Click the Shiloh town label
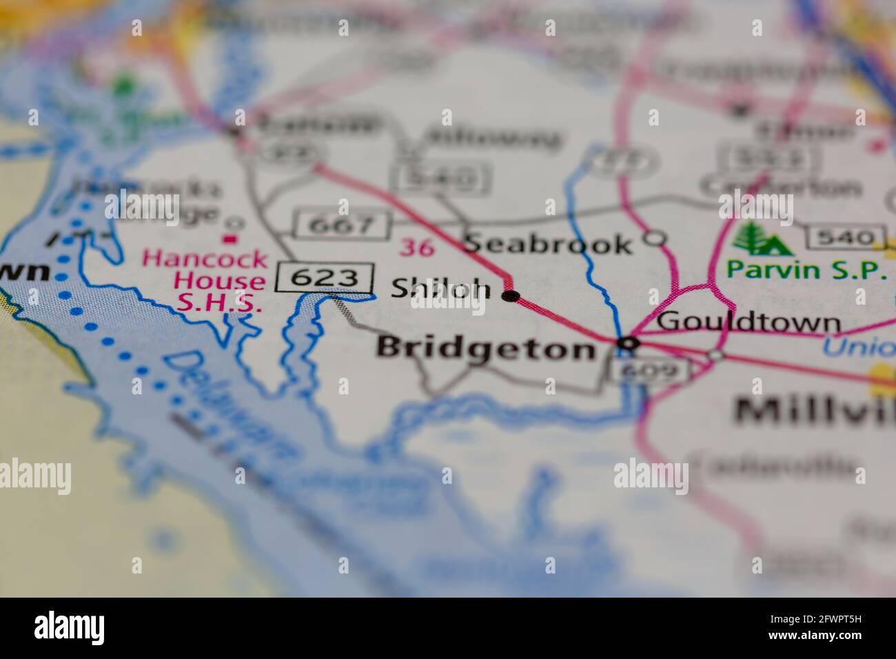coord(441,290)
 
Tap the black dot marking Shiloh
coord(511,296)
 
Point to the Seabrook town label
coord(548,244)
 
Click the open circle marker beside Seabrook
coord(655,239)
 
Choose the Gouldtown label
coord(749,323)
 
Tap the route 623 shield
coord(325,278)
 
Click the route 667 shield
coord(343,225)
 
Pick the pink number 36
coord(418,247)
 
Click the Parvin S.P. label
coord(807,270)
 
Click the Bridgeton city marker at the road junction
coord(629,343)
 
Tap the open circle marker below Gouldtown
coord(717,354)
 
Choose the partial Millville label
coord(813,412)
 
